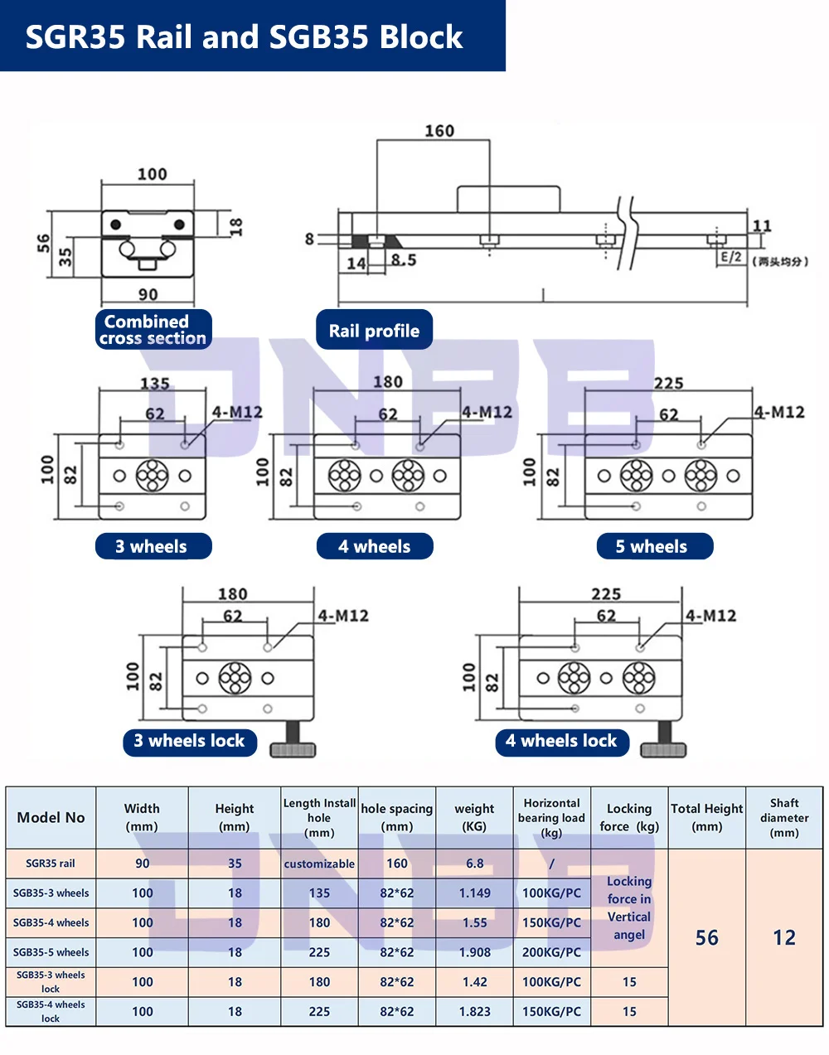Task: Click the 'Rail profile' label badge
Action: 374,330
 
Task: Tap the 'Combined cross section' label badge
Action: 153,330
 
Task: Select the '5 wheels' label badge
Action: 655,546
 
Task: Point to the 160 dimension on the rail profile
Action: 439,131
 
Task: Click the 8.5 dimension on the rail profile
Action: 404,260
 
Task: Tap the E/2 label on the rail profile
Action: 731,257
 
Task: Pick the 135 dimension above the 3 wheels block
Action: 155,384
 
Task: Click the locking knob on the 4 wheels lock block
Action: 663,741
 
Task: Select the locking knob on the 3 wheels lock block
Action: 293,741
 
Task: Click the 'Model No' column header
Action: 51,818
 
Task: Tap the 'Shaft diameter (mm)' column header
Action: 784,818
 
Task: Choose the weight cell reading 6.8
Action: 474,864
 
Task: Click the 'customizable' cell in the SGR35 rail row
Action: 319,864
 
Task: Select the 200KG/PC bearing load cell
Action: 551,952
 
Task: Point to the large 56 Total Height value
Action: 706,937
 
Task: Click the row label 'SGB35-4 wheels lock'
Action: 51,1011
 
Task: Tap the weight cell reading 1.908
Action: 474,952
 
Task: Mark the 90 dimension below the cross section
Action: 148,295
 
